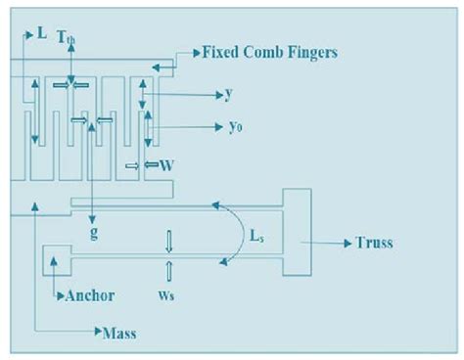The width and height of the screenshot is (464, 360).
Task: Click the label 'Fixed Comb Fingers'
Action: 270,51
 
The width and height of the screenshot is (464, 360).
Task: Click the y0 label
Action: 236,128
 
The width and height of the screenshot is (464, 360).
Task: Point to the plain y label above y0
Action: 228,95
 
